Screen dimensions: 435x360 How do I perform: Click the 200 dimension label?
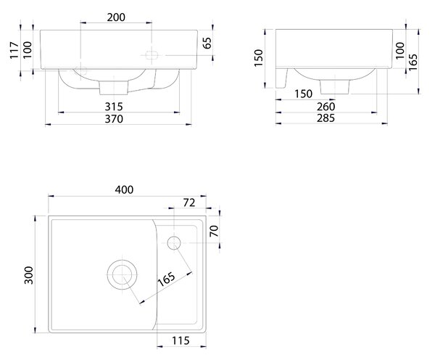pyautogui.click(x=116, y=17)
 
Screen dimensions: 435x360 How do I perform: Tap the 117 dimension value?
pyautogui.click(x=14, y=50)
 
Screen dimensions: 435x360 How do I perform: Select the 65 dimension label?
pyautogui.click(x=207, y=43)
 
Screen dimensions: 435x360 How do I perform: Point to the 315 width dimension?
pyautogui.click(x=114, y=107)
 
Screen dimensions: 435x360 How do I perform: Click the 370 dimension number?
pyautogui.click(x=114, y=119)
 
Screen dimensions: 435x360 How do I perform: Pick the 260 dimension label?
pyautogui.click(x=326, y=107)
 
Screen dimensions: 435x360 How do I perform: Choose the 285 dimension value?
pyautogui.click(x=326, y=118)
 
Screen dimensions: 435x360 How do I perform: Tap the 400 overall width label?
pyautogui.click(x=124, y=189)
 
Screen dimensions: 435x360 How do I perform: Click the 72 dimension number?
pyautogui.click(x=189, y=202)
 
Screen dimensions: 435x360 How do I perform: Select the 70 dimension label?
pyautogui.click(x=214, y=231)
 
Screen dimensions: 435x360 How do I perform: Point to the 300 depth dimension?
pyautogui.click(x=28, y=275)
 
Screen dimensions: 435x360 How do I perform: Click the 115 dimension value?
pyautogui.click(x=181, y=340)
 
